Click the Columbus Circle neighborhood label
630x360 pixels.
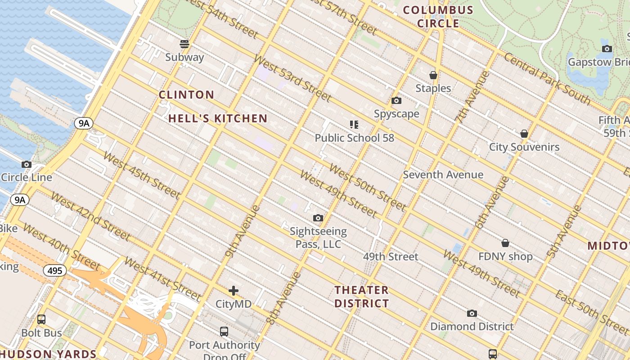pyautogui.click(x=438, y=17)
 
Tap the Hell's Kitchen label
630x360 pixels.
pyautogui.click(x=218, y=119)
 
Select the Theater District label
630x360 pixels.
pyautogui.click(x=362, y=297)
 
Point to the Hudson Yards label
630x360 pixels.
pyautogui.click(x=48, y=354)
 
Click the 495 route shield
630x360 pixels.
pyautogui.click(x=55, y=270)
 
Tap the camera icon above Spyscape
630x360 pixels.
pyautogui.click(x=396, y=101)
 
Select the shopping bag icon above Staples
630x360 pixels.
pyautogui.click(x=433, y=75)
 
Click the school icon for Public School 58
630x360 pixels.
pyautogui.click(x=354, y=125)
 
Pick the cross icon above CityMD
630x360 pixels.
pyautogui.click(x=233, y=291)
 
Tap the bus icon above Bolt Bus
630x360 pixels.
pyautogui.click(x=41, y=319)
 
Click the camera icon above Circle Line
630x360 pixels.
pyautogui.click(x=27, y=164)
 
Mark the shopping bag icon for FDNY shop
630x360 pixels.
pyautogui.click(x=505, y=243)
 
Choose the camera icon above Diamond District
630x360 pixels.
pyautogui.click(x=472, y=313)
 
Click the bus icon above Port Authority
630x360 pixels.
pyautogui.click(x=224, y=332)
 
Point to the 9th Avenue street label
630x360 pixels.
pyautogui.click(x=243, y=231)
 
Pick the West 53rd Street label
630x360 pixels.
pyautogui.click(x=292, y=78)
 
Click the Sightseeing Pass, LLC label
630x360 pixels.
pyautogui.click(x=318, y=238)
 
